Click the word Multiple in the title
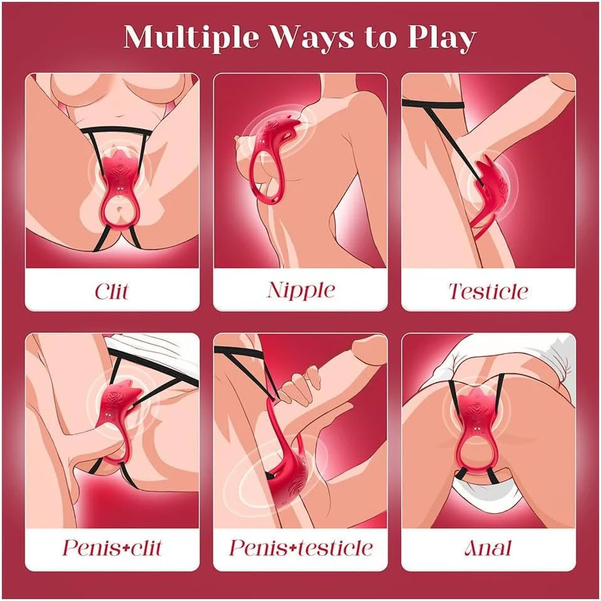191,38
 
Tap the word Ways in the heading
312,37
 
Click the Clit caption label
112,291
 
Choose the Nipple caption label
301,290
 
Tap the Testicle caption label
488,291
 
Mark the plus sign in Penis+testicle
294,549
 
